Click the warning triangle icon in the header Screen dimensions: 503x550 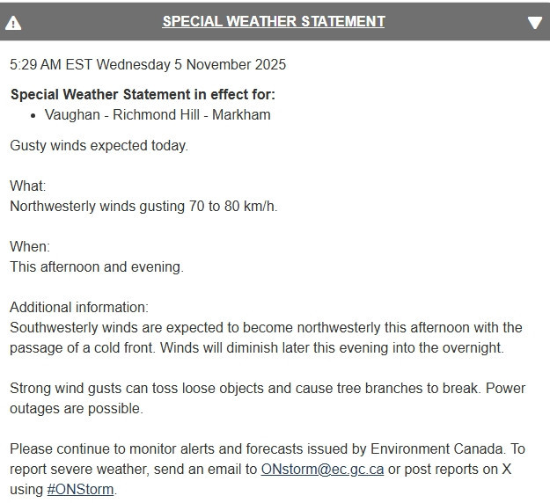13,23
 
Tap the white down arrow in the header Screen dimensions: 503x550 535,23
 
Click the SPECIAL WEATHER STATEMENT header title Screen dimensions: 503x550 273,21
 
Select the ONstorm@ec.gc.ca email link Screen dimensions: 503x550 322,469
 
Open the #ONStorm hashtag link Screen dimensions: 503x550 81,489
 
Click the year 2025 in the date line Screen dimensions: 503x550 269,65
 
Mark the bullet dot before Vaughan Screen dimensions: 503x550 33,115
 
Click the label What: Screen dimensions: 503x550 27,186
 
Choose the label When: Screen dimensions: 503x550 29,247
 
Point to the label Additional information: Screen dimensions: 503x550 79,308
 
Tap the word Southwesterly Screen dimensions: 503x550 52,328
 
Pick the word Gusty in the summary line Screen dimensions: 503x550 27,146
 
